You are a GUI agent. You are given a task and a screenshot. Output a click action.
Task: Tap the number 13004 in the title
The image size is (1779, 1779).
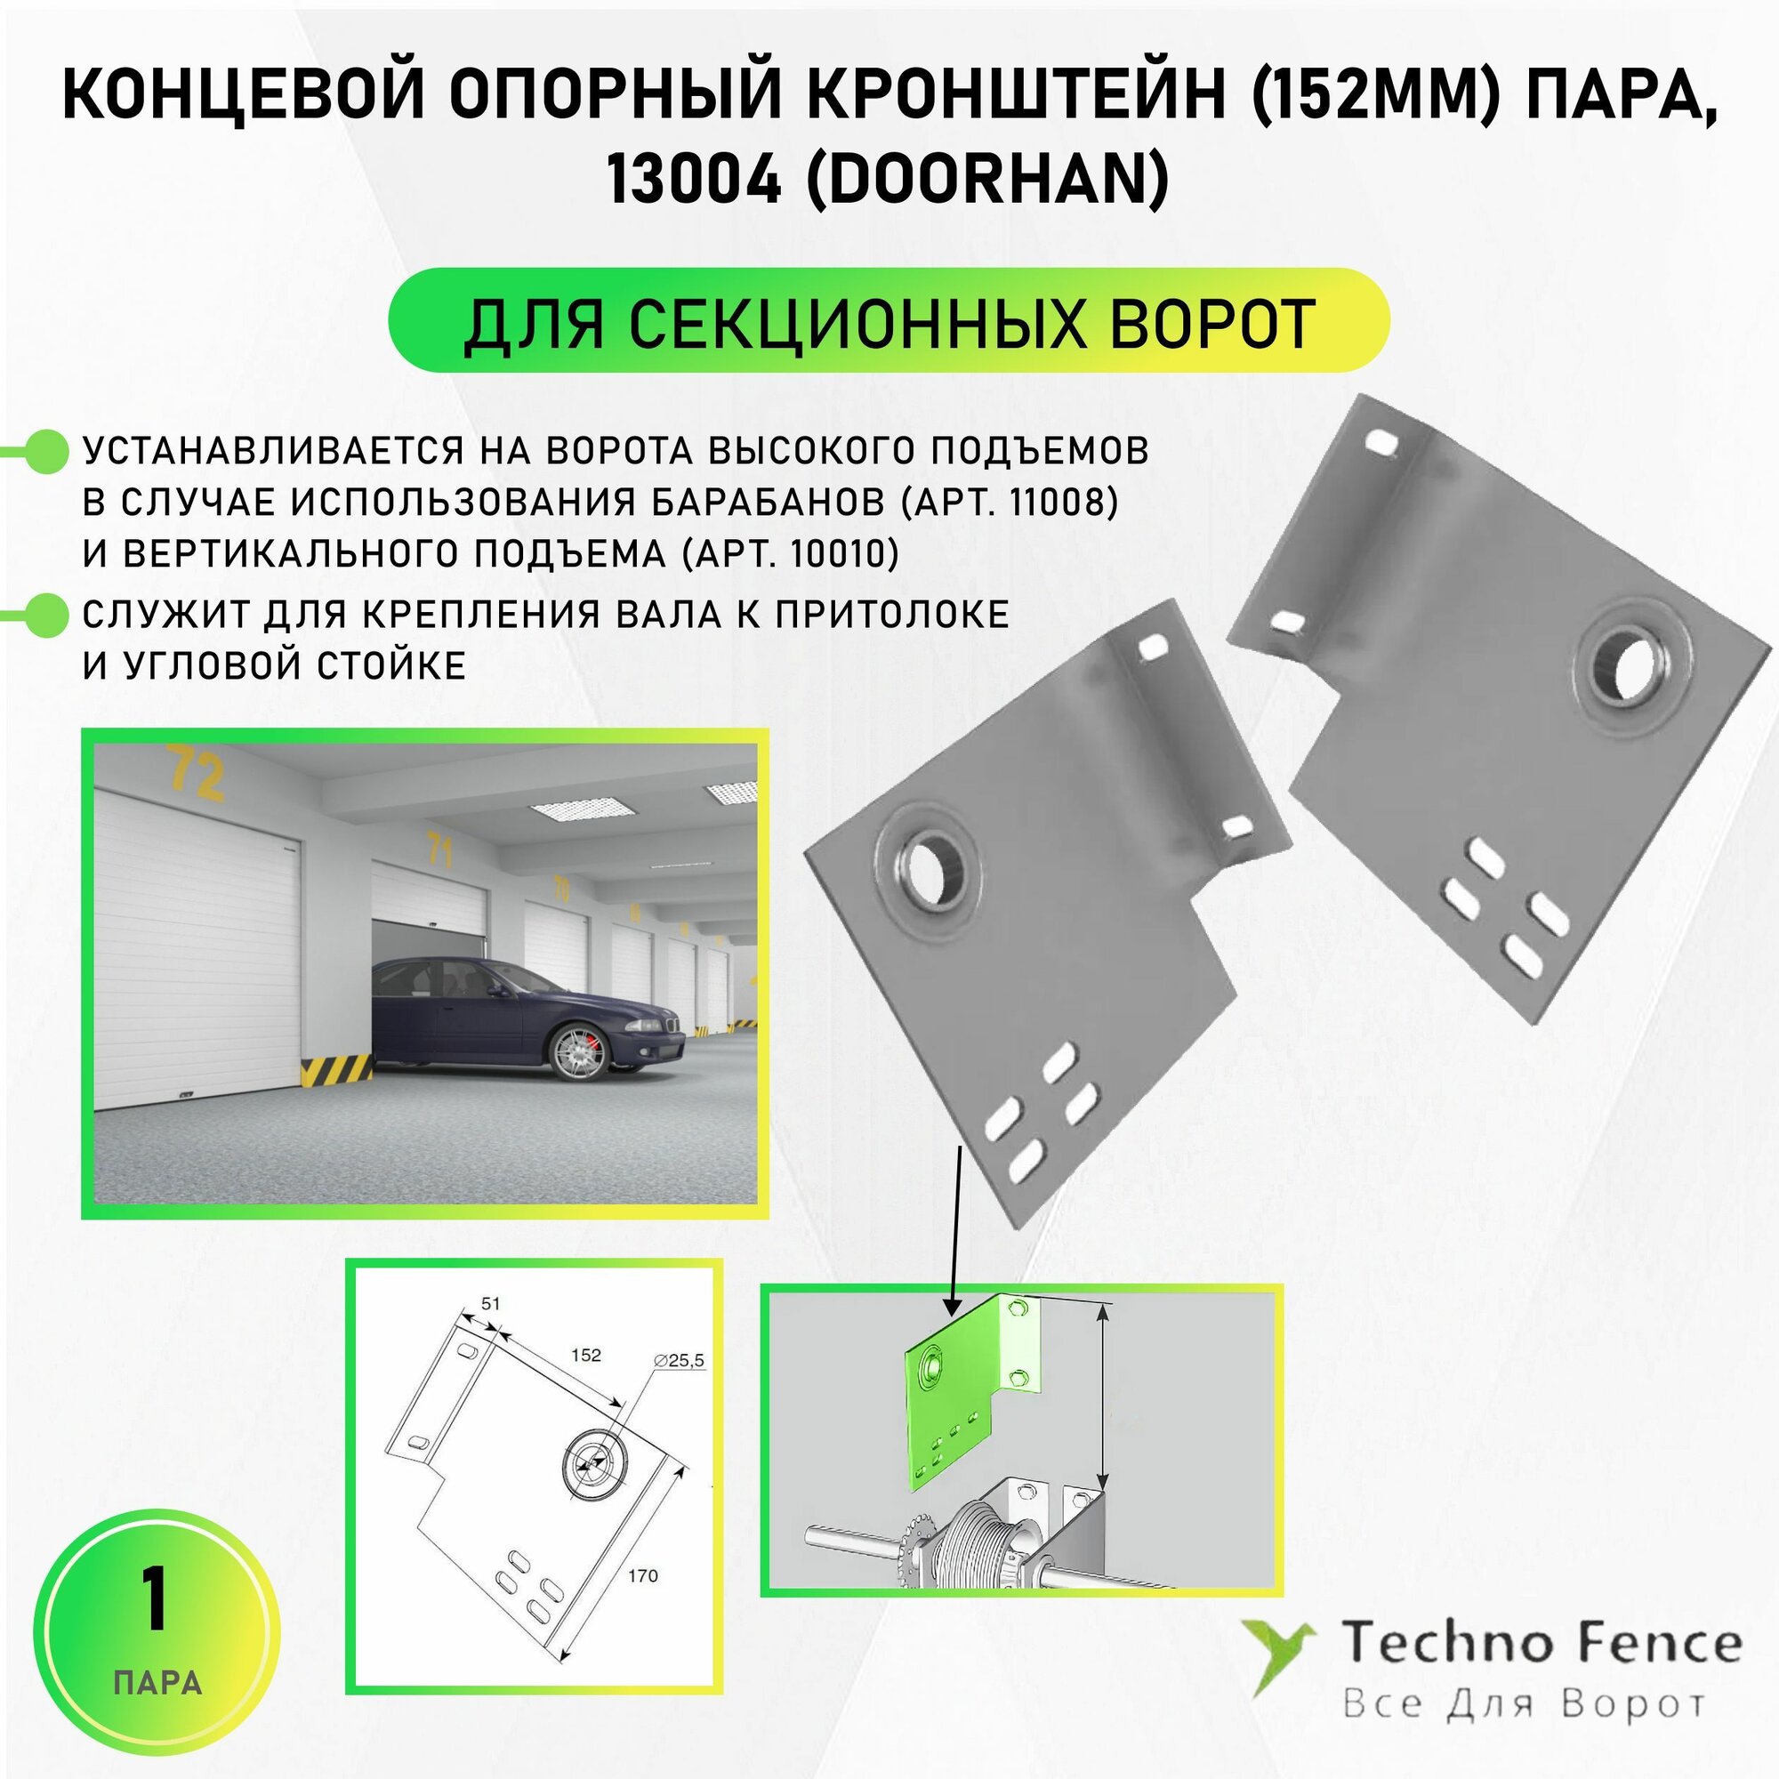pyautogui.click(x=692, y=179)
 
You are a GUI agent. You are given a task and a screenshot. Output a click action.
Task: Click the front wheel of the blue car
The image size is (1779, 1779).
pyautogui.click(x=577, y=1051)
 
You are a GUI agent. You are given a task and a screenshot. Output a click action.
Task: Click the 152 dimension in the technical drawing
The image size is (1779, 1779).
pyautogui.click(x=585, y=1355)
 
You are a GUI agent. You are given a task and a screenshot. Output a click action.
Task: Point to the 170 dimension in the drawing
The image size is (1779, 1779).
pyautogui.click(x=643, y=1575)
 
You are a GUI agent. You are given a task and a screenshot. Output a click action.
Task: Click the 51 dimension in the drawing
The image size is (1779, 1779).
pyautogui.click(x=491, y=1303)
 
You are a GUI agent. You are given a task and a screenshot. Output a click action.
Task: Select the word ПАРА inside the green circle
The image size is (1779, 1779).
pyautogui.click(x=157, y=1682)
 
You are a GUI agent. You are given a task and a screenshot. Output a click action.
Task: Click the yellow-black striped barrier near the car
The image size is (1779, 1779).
pyautogui.click(x=336, y=1070)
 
